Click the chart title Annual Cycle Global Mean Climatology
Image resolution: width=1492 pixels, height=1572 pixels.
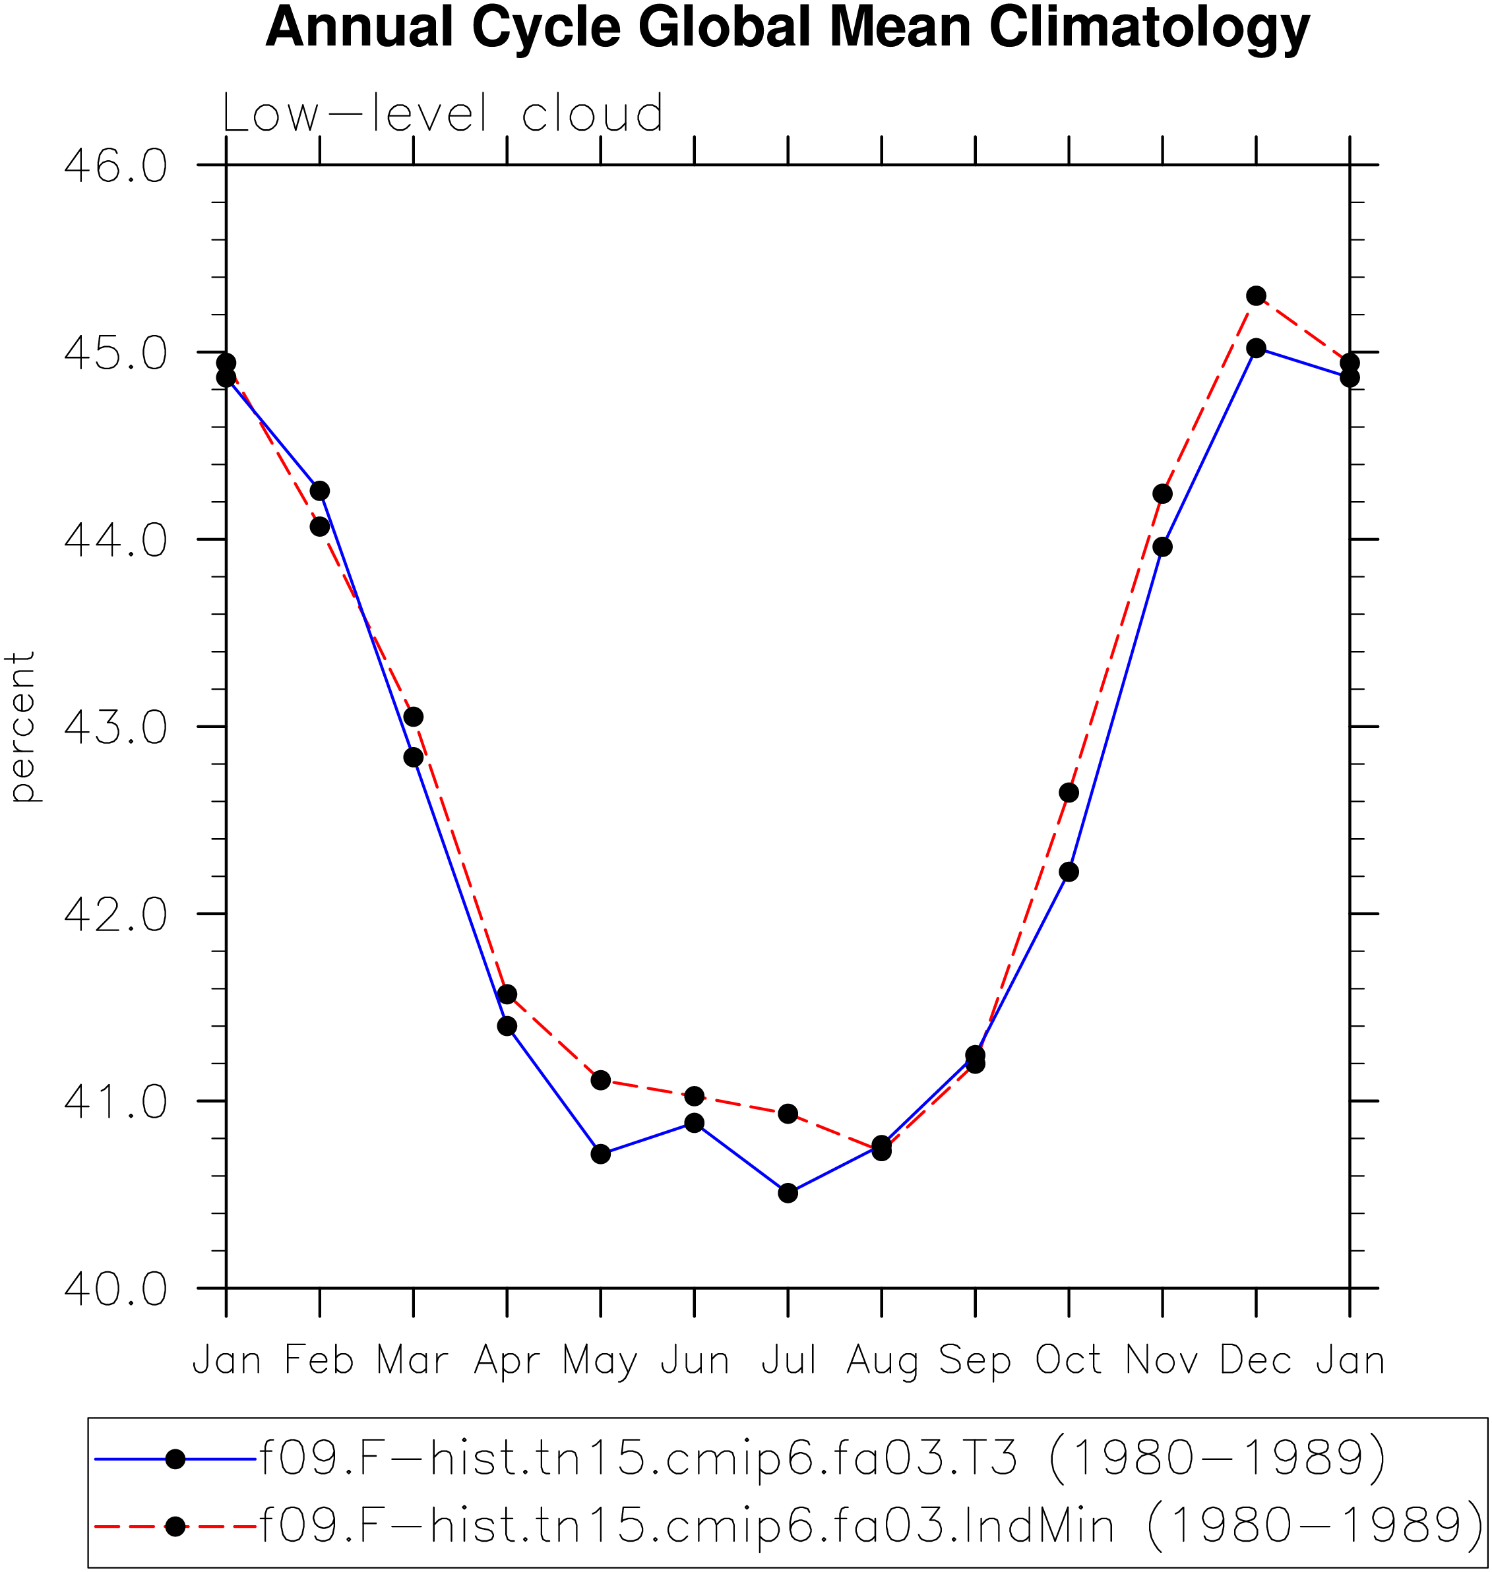point(788,28)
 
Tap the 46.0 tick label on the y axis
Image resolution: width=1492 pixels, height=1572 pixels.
point(116,166)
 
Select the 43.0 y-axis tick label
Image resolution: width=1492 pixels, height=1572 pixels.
point(116,727)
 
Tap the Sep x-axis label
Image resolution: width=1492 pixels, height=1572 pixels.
point(975,1361)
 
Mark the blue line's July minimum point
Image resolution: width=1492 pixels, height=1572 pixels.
point(788,1193)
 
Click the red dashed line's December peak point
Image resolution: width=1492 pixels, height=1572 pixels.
point(1256,296)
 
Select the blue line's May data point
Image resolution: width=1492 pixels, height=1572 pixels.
point(600,1154)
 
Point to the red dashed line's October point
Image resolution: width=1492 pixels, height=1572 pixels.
point(1069,793)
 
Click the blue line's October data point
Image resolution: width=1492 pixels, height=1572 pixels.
point(1069,872)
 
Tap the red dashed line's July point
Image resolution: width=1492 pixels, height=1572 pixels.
point(788,1113)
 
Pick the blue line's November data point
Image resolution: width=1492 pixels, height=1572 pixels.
point(1163,547)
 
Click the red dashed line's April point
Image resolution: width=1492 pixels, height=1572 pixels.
point(507,995)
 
